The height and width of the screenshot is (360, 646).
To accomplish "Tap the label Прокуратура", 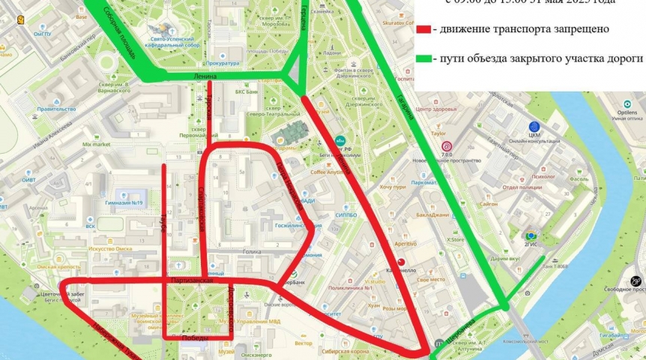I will tap(223, 64).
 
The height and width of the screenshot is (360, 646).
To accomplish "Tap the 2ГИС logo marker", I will tap(531, 237).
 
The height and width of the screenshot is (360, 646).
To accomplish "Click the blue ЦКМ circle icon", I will tap(534, 127).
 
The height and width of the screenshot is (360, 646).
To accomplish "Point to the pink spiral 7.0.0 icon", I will tap(447, 146).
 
